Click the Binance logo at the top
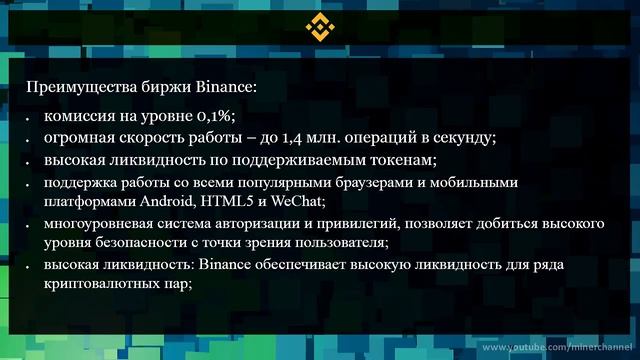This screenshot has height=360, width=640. pos(320,27)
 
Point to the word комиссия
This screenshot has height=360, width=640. pos(76,116)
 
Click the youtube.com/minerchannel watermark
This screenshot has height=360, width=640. pos(561,347)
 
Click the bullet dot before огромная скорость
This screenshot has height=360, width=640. pos(31,140)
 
